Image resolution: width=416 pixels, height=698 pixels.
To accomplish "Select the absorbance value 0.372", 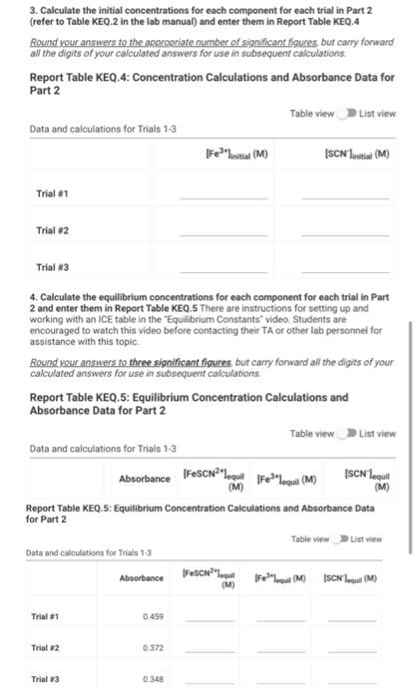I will pos(153,649).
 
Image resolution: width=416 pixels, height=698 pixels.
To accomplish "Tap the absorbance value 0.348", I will pos(153,680).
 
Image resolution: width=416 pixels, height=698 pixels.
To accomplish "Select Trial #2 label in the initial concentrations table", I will pos(51,230).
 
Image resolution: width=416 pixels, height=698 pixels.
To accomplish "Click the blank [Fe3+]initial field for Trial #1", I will pos(236,196).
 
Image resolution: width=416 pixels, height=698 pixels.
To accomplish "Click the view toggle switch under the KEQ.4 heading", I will pos(347,114).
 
